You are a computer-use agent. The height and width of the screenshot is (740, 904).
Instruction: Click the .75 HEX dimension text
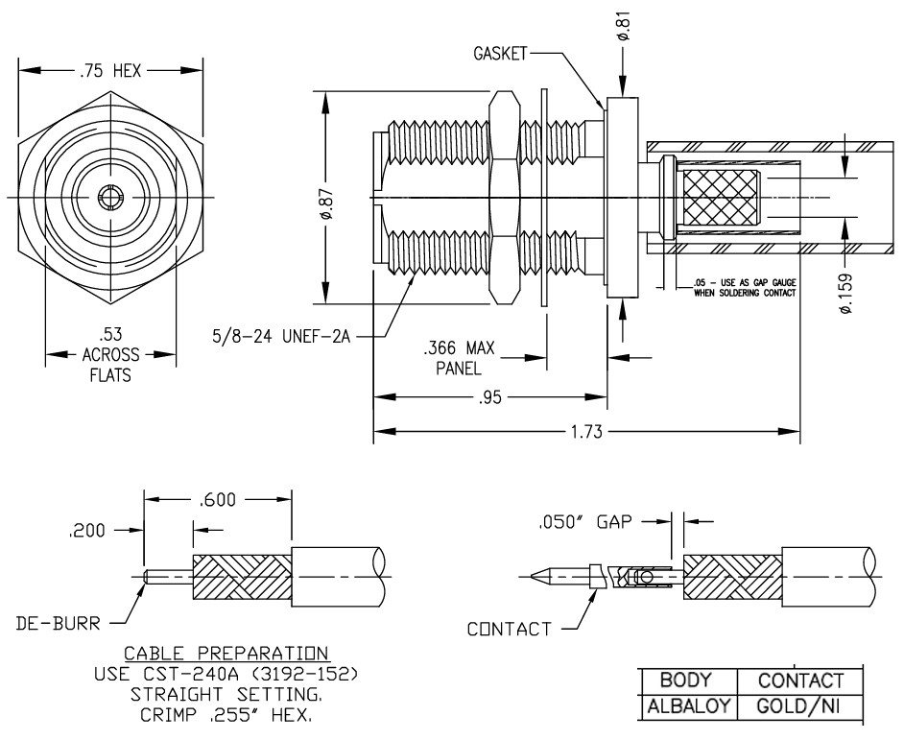109,70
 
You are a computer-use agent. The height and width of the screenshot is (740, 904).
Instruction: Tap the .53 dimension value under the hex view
109,334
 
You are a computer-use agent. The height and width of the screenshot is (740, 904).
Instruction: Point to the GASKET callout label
500,54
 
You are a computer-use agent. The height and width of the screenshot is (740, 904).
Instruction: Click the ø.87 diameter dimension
325,204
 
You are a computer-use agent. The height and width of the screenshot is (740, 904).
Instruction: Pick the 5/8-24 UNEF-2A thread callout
281,336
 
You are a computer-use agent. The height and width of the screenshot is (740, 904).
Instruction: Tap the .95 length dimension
490,397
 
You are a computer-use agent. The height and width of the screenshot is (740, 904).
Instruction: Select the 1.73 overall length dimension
586,431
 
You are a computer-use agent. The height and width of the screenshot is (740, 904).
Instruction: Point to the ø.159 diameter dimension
845,294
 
